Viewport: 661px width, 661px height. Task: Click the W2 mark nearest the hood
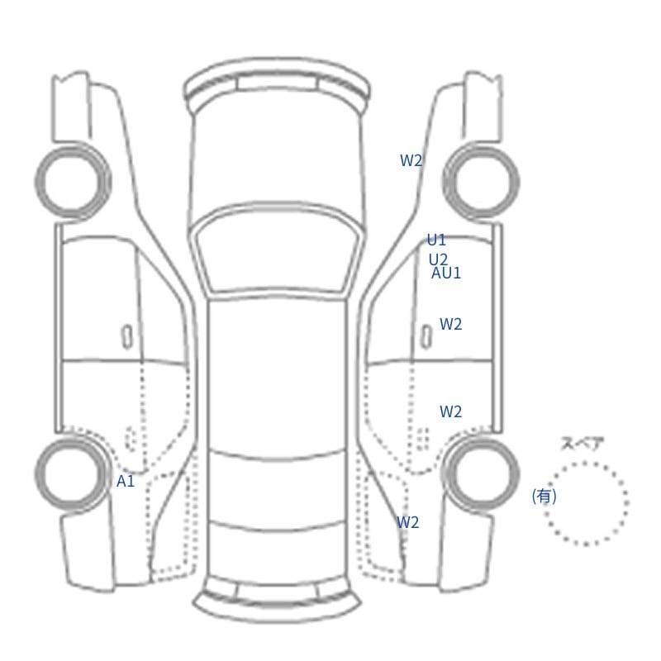(411, 160)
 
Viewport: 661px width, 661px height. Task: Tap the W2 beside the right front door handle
(450, 324)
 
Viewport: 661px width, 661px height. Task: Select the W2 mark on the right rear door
(450, 411)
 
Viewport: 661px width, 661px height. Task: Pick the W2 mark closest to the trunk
(407, 522)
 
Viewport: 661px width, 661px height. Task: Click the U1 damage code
(436, 240)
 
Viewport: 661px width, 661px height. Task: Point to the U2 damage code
(438, 259)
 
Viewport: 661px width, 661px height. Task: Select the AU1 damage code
(446, 273)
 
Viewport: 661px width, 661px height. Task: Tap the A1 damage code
(126, 481)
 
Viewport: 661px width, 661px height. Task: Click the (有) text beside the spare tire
(544, 497)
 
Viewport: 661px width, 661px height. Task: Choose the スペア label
(576, 444)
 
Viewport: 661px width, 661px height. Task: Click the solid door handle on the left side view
(127, 337)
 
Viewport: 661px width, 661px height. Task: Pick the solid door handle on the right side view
(426, 337)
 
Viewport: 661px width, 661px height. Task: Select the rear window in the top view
(278, 490)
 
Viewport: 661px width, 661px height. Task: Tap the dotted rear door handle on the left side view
(131, 439)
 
